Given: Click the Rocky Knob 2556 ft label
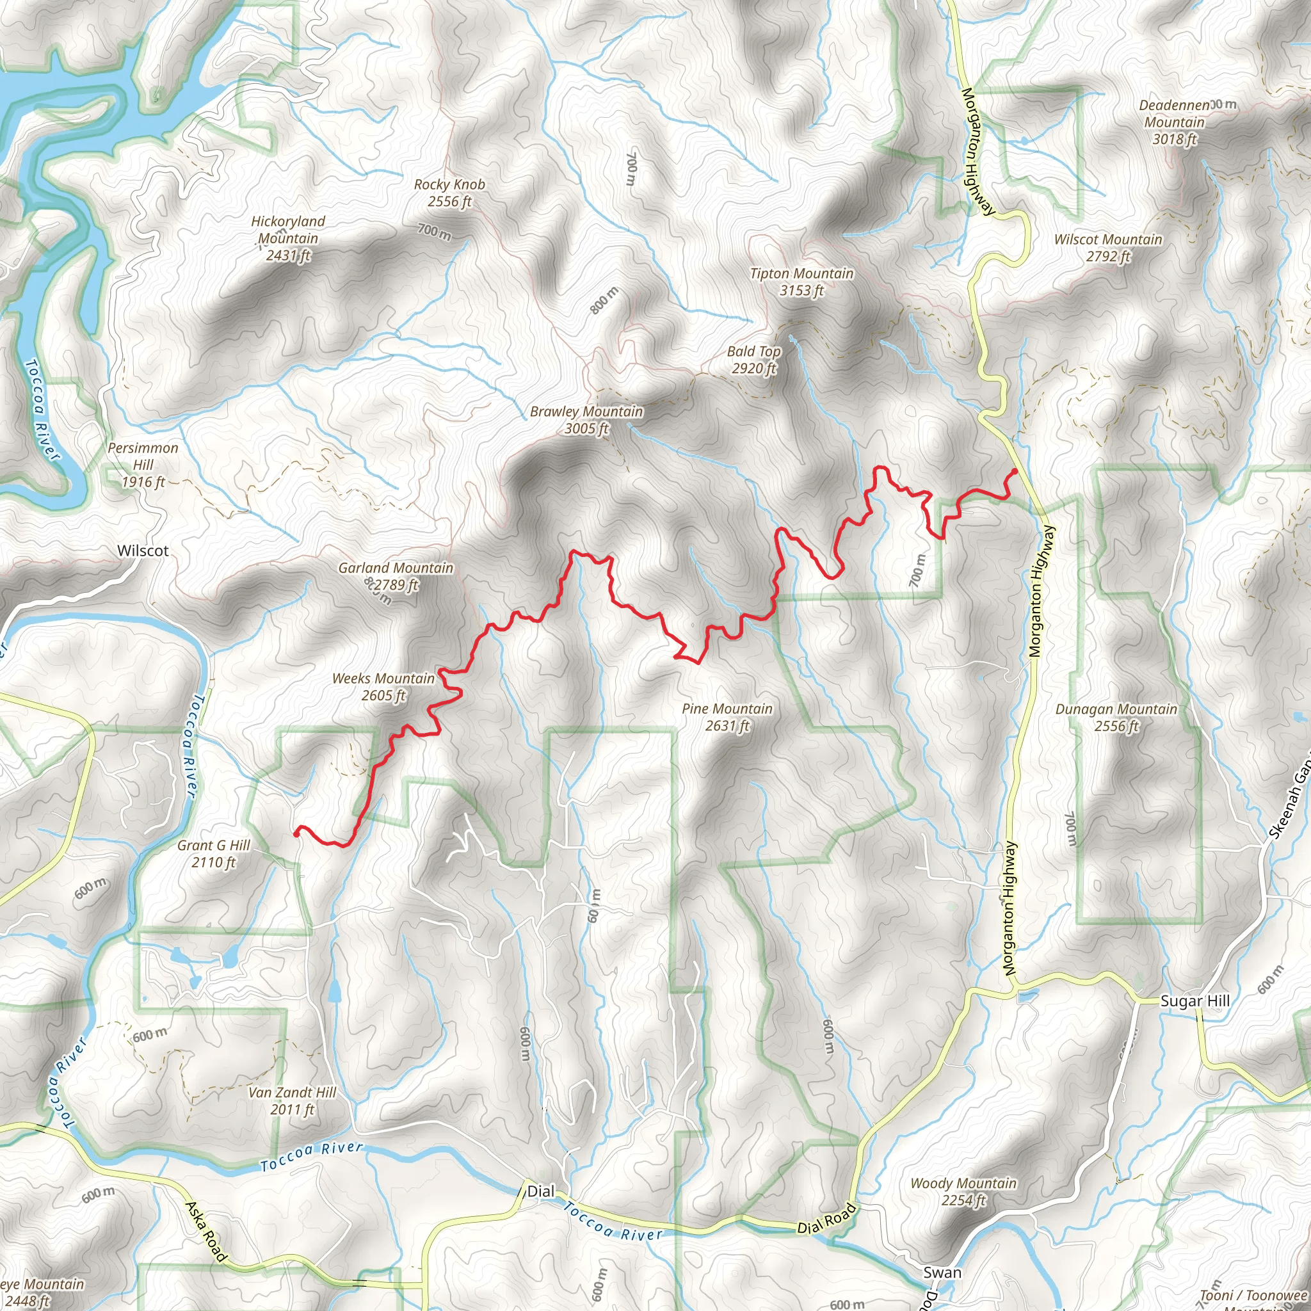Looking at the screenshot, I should pos(449,193).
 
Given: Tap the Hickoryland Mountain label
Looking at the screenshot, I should pos(287,238).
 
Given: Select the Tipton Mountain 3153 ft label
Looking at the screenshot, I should pos(801,282).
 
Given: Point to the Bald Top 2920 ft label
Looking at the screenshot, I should pos(753,360).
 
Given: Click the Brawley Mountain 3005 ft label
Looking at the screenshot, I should pos(586,419).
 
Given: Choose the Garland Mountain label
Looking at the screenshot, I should pos(396,575).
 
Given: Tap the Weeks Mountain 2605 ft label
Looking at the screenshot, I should pos(383,687).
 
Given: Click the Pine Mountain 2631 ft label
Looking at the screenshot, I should pos(727,716).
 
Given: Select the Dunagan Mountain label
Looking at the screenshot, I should pos(1116,717).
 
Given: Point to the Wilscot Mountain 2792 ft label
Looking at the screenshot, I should pos(1107,248).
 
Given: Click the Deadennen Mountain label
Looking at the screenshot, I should pos(1174,122).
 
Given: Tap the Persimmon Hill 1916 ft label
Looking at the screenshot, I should pos(143,465).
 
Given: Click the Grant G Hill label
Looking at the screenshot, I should pos(213,854).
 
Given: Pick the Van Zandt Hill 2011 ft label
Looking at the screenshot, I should pos(292,1100).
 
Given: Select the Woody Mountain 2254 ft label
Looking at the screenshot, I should pos(963,1191).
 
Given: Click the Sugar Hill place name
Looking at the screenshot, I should pos(1194,1001).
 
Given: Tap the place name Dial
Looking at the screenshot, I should pos(540,1191).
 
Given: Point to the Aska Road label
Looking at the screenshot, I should pos(205,1231).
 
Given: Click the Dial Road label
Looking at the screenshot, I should pos(826,1219).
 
